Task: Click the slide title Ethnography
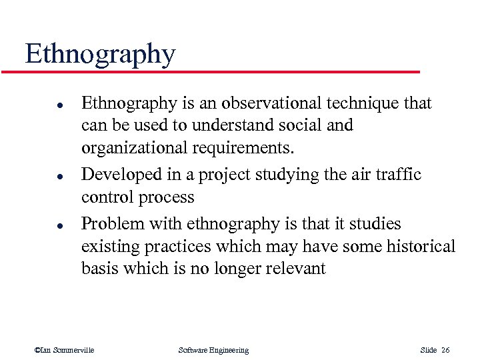pyautogui.click(x=100, y=54)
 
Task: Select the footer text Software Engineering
pyautogui.click(x=213, y=350)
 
